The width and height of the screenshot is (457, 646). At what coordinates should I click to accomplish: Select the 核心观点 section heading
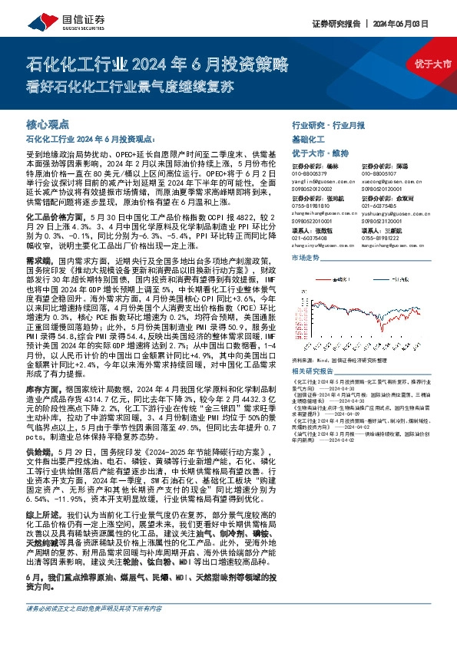[x=48, y=124]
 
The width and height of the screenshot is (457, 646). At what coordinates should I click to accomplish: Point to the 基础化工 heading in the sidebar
[x=310, y=139]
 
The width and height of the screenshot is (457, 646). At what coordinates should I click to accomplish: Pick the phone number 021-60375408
[x=310, y=237]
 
